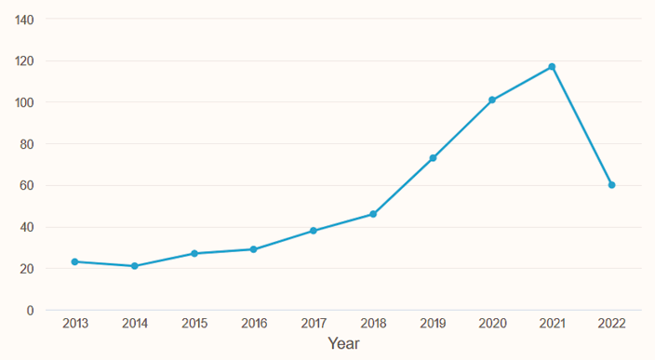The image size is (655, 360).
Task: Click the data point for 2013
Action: click(74, 261)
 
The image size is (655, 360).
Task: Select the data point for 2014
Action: click(135, 266)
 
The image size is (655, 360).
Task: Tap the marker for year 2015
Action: click(194, 253)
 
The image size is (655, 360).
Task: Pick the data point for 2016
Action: click(254, 249)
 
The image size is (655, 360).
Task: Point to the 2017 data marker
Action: click(314, 231)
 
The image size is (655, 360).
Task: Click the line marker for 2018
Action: click(373, 214)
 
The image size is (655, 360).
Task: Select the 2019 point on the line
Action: click(433, 158)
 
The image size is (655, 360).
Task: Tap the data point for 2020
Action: click(492, 100)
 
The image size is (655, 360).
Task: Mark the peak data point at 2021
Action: click(552, 67)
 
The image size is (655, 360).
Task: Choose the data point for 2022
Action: click(611, 185)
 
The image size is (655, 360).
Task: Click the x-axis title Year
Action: click(343, 344)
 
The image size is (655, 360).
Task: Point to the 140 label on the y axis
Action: click(25, 20)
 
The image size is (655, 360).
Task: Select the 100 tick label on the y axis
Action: click(25, 102)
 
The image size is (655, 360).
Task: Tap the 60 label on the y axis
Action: click(28, 185)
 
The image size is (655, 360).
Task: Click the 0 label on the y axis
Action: click(31, 310)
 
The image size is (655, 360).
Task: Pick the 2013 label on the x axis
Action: click(74, 324)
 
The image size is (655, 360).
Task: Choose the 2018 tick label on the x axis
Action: click(373, 324)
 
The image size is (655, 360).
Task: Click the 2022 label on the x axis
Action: click(611, 324)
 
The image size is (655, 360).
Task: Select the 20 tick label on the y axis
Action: click(28, 269)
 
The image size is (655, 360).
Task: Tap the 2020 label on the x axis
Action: click(492, 324)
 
